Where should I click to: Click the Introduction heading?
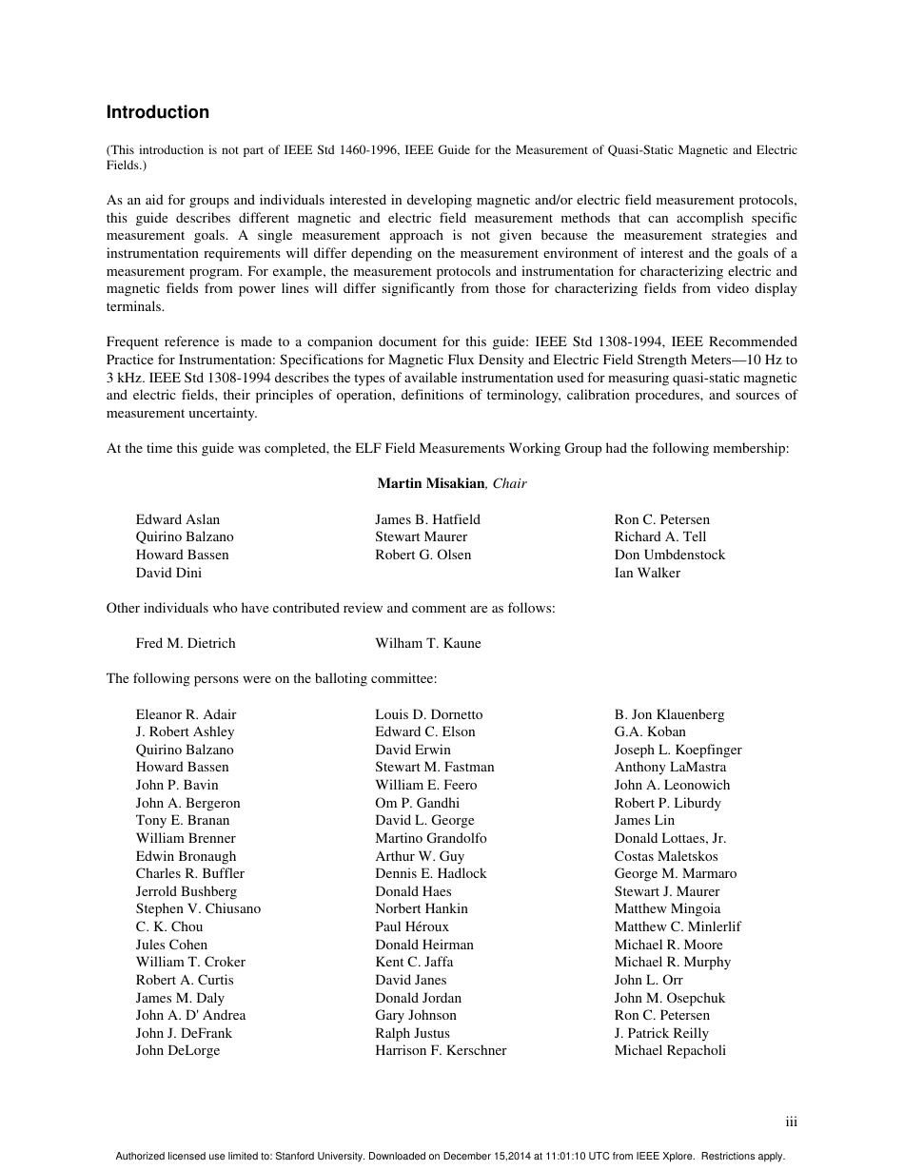pos(157,112)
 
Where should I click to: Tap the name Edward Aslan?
pos(177,519)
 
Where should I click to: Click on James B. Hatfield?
pos(427,519)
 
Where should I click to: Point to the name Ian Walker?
pos(647,573)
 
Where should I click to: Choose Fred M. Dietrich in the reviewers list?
pos(185,643)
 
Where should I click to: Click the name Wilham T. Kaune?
pos(427,643)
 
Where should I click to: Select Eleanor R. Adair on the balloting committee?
pos(186,714)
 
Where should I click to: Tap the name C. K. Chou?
pos(169,926)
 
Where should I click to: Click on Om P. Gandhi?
pos(417,803)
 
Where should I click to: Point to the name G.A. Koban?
pos(650,731)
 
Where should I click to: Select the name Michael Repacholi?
pos(670,1050)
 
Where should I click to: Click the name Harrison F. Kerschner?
pos(441,1050)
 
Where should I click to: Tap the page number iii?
pos(791,1121)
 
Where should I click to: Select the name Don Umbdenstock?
pos(669,555)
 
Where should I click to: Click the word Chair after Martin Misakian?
pos(509,483)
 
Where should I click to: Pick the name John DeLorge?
pos(177,1050)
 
